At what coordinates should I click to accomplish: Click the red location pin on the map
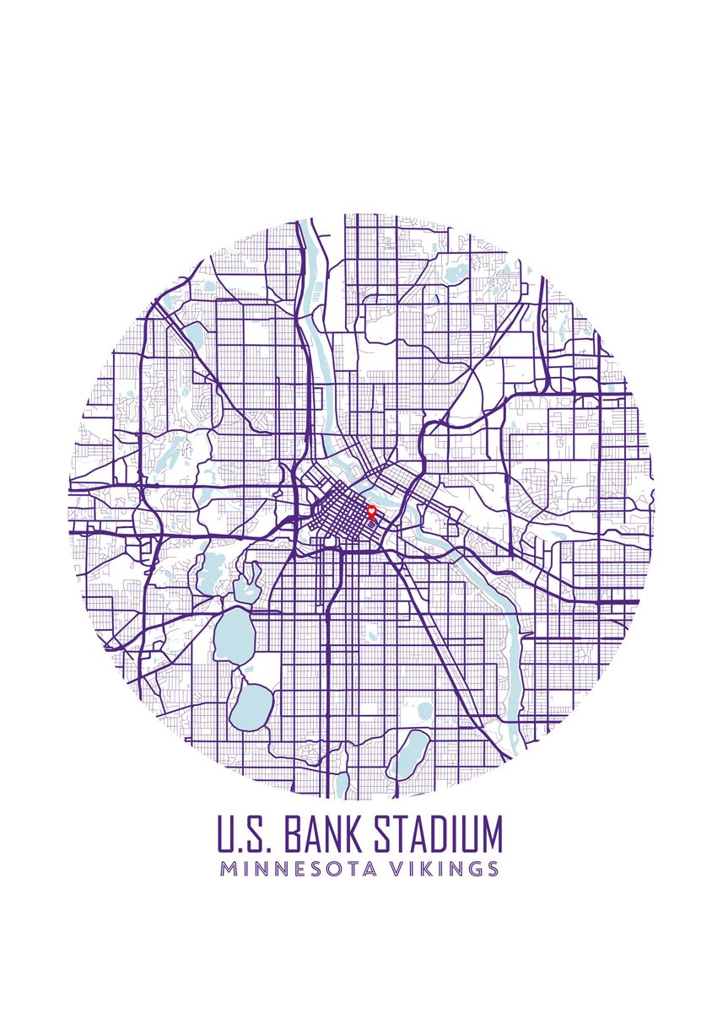pyautogui.click(x=370, y=510)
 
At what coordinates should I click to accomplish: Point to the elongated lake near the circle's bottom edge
pyautogui.click(x=409, y=752)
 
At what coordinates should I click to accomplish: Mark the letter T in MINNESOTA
pyautogui.click(x=354, y=869)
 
